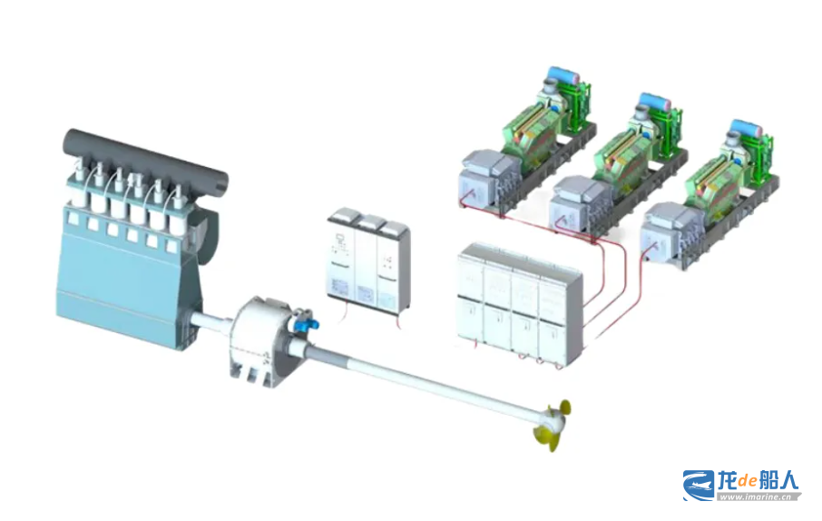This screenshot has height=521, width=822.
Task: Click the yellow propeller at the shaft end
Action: pyautogui.click(x=553, y=425)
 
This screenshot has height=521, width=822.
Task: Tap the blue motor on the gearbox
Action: pyautogui.click(x=304, y=321)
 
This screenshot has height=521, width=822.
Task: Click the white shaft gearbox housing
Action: pyautogui.click(x=260, y=341)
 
